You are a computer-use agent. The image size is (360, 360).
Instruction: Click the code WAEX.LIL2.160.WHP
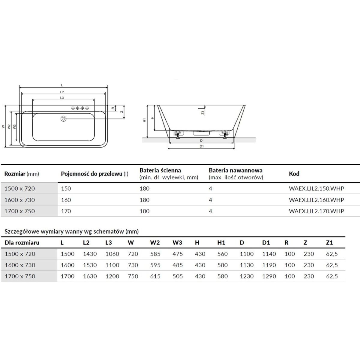click(316, 200)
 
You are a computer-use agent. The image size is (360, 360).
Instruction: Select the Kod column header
click(294, 174)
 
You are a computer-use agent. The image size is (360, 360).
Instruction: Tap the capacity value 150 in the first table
click(66, 188)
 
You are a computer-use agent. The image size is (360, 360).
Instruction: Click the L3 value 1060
click(112, 254)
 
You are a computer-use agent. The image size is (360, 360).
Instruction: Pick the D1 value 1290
click(269, 276)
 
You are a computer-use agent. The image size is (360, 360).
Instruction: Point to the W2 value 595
click(155, 265)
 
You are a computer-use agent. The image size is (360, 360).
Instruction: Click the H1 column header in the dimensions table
click(221, 243)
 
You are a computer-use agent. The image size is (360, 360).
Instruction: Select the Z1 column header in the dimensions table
click(329, 243)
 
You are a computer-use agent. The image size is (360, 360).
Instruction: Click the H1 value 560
click(223, 254)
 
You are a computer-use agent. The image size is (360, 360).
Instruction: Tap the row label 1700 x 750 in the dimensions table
click(20, 276)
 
